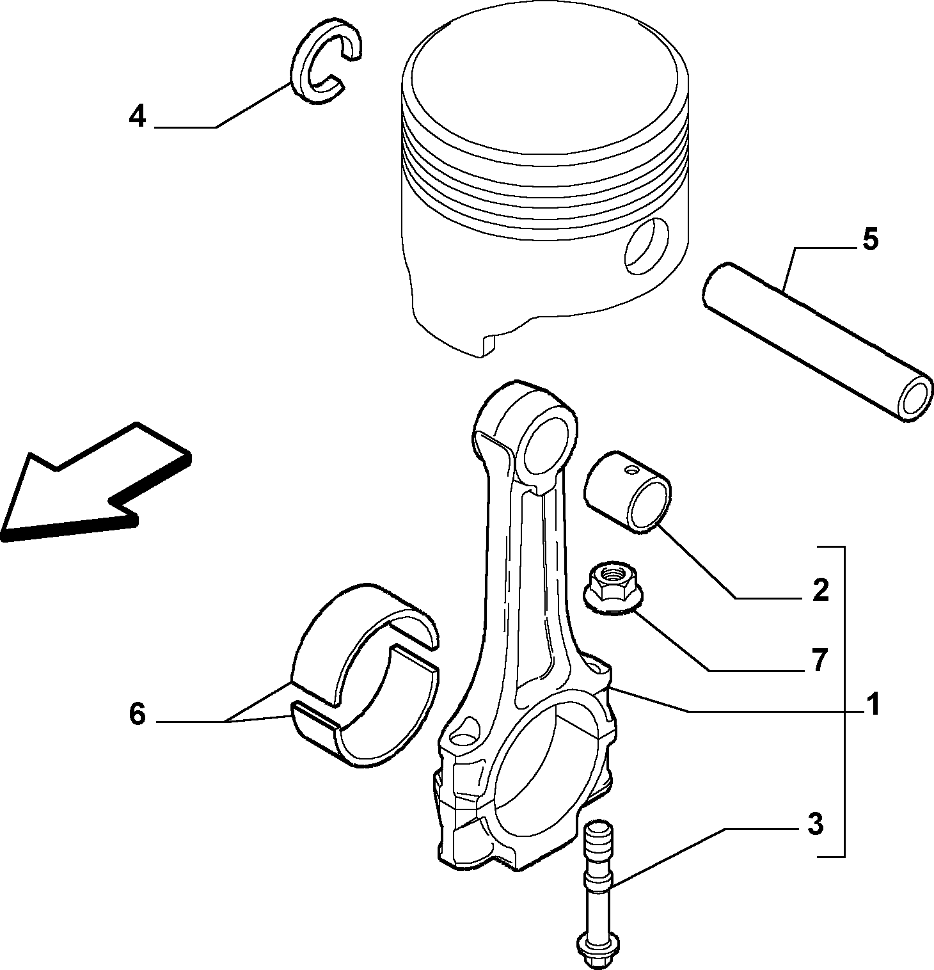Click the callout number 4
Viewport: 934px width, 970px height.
click(138, 117)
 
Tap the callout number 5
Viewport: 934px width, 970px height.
click(870, 239)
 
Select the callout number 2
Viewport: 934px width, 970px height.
click(820, 590)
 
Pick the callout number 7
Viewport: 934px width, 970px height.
click(819, 661)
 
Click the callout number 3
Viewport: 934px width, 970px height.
click(814, 825)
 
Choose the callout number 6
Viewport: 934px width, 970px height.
click(138, 713)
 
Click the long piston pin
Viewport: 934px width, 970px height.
click(817, 342)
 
